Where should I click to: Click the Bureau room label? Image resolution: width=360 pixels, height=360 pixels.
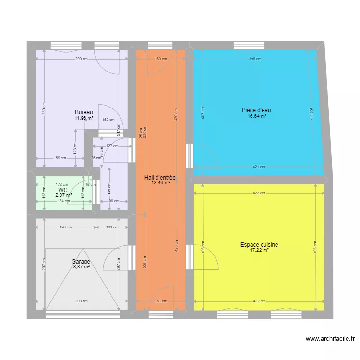84,112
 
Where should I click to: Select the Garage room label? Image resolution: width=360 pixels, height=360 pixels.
81,262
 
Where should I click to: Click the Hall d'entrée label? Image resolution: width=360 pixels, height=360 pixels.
160,178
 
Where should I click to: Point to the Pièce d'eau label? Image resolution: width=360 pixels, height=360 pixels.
254,110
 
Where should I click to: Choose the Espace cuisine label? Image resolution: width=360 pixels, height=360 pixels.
259,245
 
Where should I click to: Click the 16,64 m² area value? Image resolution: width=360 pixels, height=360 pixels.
257,116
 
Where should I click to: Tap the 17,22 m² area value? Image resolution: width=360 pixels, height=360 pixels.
259,250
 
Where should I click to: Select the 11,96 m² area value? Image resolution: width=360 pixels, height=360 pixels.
84,118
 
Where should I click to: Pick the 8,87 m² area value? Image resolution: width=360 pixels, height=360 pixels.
81,267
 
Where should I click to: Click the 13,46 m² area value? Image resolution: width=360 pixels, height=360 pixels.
160,183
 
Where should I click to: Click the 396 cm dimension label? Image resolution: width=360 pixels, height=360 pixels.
255,59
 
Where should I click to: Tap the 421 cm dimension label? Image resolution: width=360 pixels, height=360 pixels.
259,167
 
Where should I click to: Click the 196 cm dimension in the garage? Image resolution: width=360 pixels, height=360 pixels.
66,228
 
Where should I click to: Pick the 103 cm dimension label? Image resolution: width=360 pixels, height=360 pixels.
112,228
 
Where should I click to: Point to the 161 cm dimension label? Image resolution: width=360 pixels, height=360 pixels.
161,301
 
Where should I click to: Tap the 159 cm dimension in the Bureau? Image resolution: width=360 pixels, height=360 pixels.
60,158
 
